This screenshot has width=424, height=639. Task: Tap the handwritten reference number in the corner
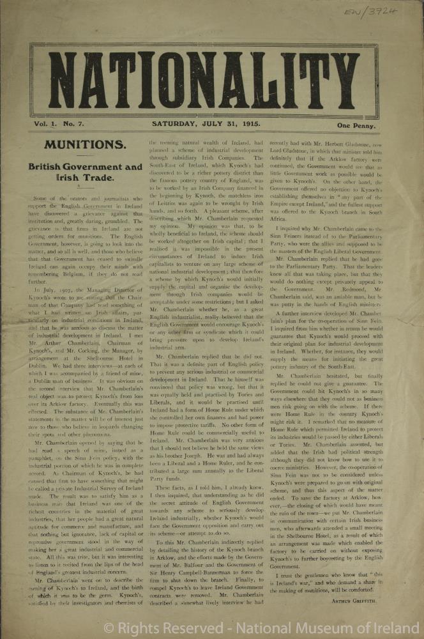pyautogui.click(x=396, y=12)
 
